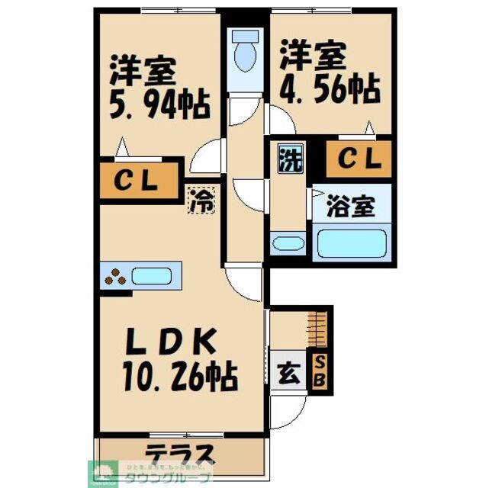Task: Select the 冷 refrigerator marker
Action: click(x=201, y=201)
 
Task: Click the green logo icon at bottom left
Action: click(x=101, y=472)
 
